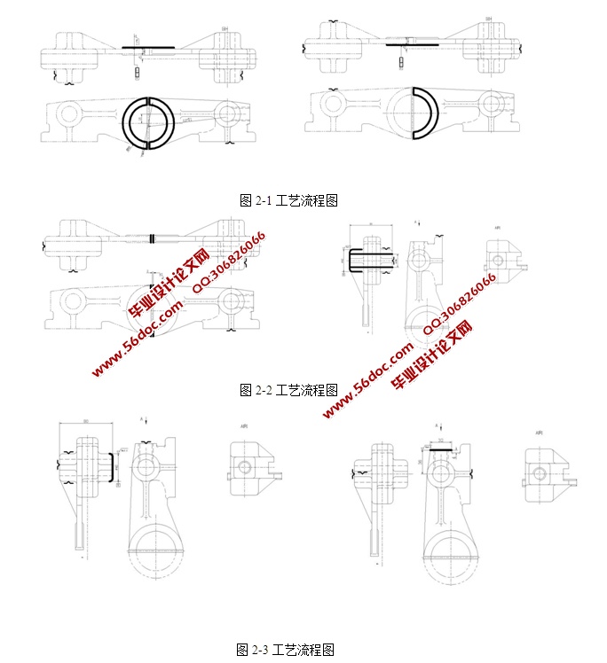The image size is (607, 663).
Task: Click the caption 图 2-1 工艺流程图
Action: click(288, 201)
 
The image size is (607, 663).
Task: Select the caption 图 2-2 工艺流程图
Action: click(288, 389)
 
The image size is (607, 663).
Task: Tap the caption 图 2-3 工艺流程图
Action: click(285, 650)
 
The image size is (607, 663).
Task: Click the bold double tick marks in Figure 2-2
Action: click(154, 238)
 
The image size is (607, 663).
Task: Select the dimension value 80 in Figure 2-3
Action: click(85, 421)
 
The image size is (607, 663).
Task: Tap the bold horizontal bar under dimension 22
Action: click(440, 450)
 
